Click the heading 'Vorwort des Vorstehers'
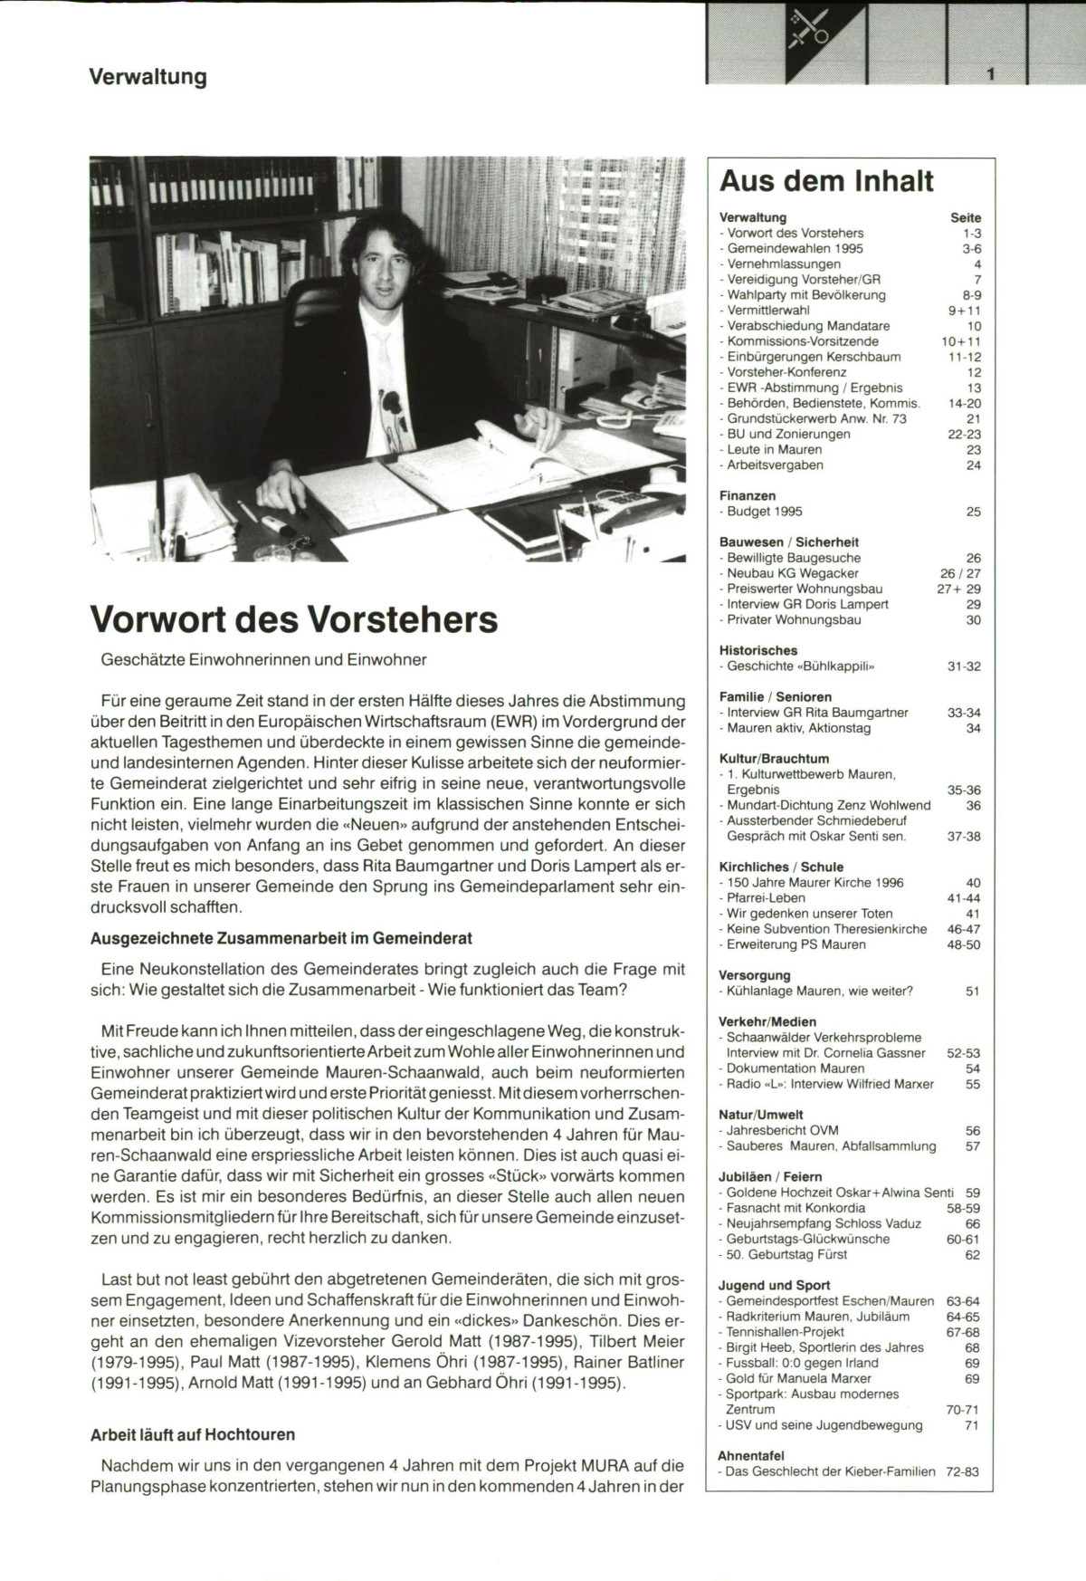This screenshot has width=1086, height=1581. tap(294, 620)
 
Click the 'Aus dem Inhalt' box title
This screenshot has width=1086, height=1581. tap(825, 182)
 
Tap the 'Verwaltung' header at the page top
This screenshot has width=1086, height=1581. tap(148, 77)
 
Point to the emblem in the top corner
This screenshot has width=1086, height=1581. tap(809, 28)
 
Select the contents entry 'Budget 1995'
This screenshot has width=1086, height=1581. tap(764, 512)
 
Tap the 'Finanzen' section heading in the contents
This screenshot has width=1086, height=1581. tap(747, 496)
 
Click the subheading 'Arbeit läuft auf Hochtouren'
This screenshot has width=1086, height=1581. tap(192, 1435)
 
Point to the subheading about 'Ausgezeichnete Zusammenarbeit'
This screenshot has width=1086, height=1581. tap(281, 938)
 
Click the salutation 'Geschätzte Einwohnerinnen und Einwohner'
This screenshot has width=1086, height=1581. tap(263, 660)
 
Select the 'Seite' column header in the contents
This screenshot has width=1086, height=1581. tap(966, 218)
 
